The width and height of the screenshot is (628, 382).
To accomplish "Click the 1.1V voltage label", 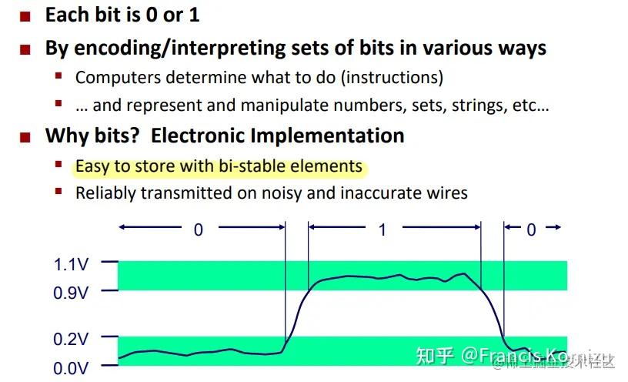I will (x=71, y=264).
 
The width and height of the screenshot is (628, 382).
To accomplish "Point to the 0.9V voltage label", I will (x=71, y=292).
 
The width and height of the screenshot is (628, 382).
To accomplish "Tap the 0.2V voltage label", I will (x=71, y=338).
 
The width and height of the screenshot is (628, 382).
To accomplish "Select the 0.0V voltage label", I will (x=71, y=368).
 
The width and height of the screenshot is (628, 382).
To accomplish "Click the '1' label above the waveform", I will (x=382, y=230).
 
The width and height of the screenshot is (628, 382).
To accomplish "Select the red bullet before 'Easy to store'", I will (x=58, y=164).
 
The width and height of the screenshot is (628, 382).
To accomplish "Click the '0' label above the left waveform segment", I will (x=199, y=230).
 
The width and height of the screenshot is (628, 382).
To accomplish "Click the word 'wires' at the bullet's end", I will (x=446, y=193).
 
